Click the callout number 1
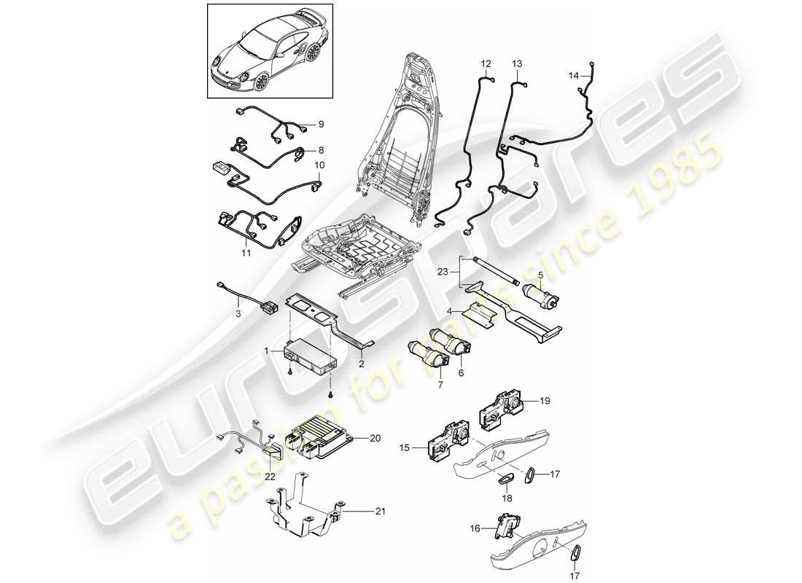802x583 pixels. pos(267,351)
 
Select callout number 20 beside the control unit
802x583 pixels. pos(375,439)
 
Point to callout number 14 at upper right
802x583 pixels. pos(574,74)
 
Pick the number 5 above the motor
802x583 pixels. pos(540,275)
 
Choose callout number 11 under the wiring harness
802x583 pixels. pos(246,254)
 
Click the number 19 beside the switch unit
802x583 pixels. pos(545,400)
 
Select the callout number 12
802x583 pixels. pos(486,65)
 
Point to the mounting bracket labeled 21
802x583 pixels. pos(303,506)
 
